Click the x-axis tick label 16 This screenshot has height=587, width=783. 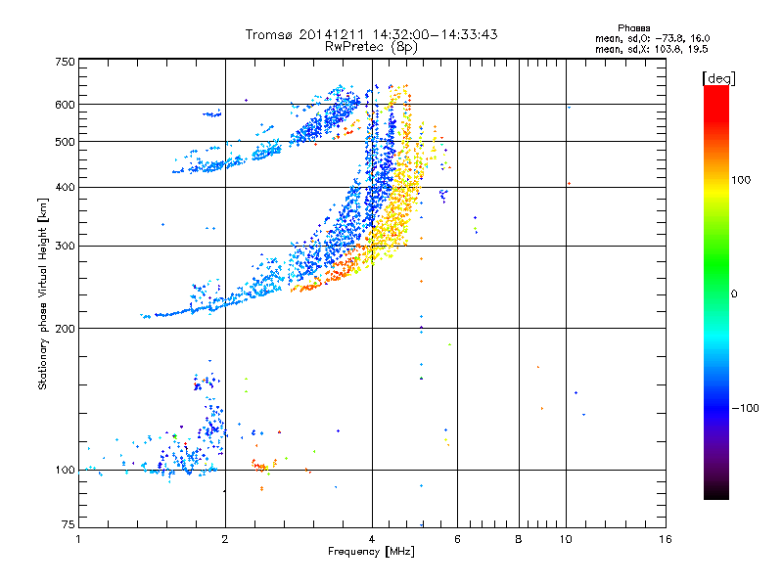coord(664,539)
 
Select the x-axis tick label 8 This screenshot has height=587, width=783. coord(519,539)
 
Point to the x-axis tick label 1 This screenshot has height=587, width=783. coord(78,539)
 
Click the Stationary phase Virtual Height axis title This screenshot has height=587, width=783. coord(43,293)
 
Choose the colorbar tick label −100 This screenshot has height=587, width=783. coord(749,408)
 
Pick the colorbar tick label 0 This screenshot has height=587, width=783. coord(735,293)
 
